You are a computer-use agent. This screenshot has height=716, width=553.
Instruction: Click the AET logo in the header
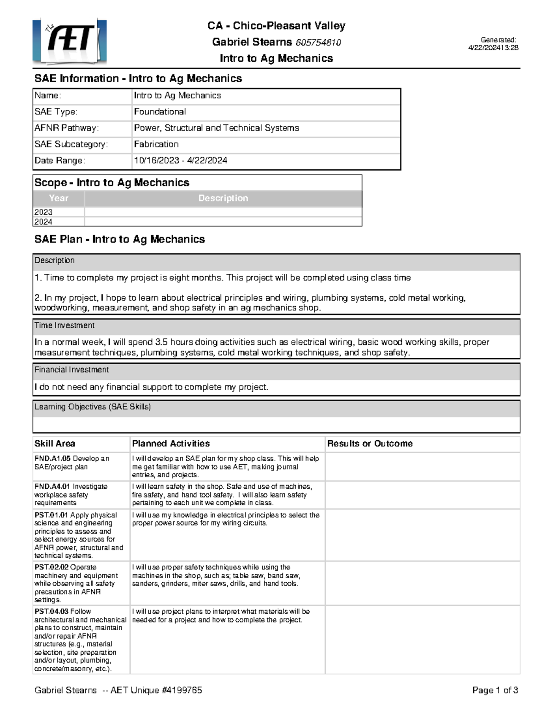tap(70, 41)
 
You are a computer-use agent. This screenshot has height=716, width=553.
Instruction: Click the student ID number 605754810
tap(318, 42)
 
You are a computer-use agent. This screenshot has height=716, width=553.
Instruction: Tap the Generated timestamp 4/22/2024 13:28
tap(493, 47)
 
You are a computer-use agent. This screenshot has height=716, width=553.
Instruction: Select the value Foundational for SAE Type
tap(159, 112)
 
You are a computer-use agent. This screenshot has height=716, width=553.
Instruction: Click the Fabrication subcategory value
tap(156, 144)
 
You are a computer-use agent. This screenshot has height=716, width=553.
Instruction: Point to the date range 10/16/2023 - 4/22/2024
tap(180, 160)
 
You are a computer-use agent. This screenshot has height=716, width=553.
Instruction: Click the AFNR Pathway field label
tap(66, 128)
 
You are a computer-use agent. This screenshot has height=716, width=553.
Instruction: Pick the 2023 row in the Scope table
tap(43, 212)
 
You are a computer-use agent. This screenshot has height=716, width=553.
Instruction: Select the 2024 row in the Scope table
tap(43, 222)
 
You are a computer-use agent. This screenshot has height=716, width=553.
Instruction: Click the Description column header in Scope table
tap(223, 198)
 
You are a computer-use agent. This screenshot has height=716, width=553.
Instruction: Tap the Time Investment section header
tap(65, 325)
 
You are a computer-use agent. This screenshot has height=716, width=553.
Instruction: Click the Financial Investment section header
tap(71, 370)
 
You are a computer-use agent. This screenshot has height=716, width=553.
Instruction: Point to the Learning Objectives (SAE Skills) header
tap(93, 407)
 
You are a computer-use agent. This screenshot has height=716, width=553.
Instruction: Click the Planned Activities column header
tap(171, 444)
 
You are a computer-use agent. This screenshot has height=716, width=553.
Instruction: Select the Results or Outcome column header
tap(370, 444)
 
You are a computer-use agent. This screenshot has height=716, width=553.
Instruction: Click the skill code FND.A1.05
tap(53, 458)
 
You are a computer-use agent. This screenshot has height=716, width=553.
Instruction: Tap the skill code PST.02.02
tap(51, 567)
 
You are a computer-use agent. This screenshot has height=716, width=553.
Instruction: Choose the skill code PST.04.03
tap(51, 611)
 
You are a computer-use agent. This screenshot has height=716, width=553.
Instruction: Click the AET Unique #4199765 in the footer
tap(156, 690)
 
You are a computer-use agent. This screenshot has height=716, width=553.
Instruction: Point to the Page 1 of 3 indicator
tap(495, 690)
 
